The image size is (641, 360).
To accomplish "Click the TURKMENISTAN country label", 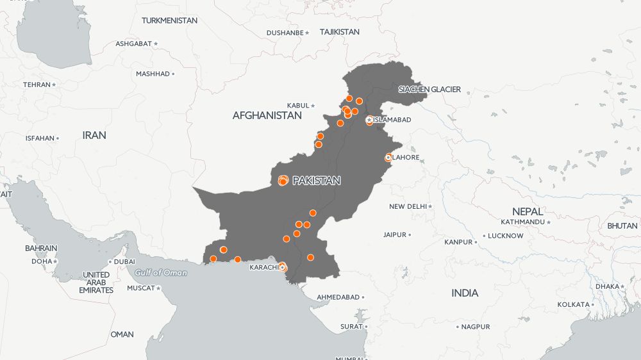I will click(x=169, y=20).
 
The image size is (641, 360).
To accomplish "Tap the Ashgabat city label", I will click(x=133, y=44).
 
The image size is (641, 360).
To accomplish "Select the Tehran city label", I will click(x=37, y=85).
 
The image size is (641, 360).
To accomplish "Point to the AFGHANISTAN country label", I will click(x=267, y=116).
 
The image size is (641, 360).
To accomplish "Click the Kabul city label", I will click(x=298, y=105).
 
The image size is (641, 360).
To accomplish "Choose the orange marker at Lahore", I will click(x=388, y=158).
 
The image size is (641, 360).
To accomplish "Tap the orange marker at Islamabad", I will click(x=369, y=120).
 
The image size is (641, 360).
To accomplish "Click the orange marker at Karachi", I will click(x=282, y=267).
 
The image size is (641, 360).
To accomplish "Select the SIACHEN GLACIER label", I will click(x=429, y=89).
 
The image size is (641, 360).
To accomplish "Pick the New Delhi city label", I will click(x=408, y=206).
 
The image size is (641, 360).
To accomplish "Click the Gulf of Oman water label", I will click(x=161, y=273).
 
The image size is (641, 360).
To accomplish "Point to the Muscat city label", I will click(x=140, y=288).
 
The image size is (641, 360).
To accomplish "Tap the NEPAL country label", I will click(x=528, y=211).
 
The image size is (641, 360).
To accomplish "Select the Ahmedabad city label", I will click(x=338, y=297).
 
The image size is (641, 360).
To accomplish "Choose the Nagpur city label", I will click(x=476, y=327).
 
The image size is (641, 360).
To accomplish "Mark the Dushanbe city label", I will click(x=285, y=32).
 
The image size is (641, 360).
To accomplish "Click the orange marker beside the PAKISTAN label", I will click(x=283, y=181).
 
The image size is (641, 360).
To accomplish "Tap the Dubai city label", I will click(x=124, y=261).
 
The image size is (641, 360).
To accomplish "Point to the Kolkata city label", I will click(x=572, y=304).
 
